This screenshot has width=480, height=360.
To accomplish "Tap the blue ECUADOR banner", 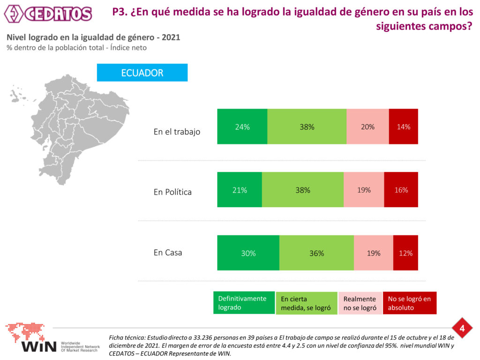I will click(142, 73).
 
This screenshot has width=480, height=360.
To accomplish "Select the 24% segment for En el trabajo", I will click(242, 127).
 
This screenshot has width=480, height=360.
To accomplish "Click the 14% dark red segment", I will click(403, 127).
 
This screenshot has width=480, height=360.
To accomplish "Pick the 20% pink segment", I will click(367, 127).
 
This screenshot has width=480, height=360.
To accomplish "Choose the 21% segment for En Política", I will click(240, 190).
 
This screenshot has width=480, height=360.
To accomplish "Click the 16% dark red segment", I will click(401, 190).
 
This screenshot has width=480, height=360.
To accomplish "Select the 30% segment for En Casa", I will click(248, 253).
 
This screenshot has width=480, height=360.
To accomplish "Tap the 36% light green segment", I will click(316, 253).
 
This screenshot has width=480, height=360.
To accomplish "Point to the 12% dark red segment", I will click(405, 253).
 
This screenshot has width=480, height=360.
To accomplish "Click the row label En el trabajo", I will click(177, 132).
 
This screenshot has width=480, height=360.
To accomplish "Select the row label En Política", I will click(172, 192).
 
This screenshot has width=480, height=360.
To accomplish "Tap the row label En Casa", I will click(168, 253).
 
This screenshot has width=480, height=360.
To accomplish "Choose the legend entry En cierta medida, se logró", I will click(307, 303).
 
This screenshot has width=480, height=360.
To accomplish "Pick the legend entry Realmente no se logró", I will click(360, 303).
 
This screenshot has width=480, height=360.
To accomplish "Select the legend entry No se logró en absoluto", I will click(409, 303).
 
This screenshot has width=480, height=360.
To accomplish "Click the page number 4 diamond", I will click(462, 329).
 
